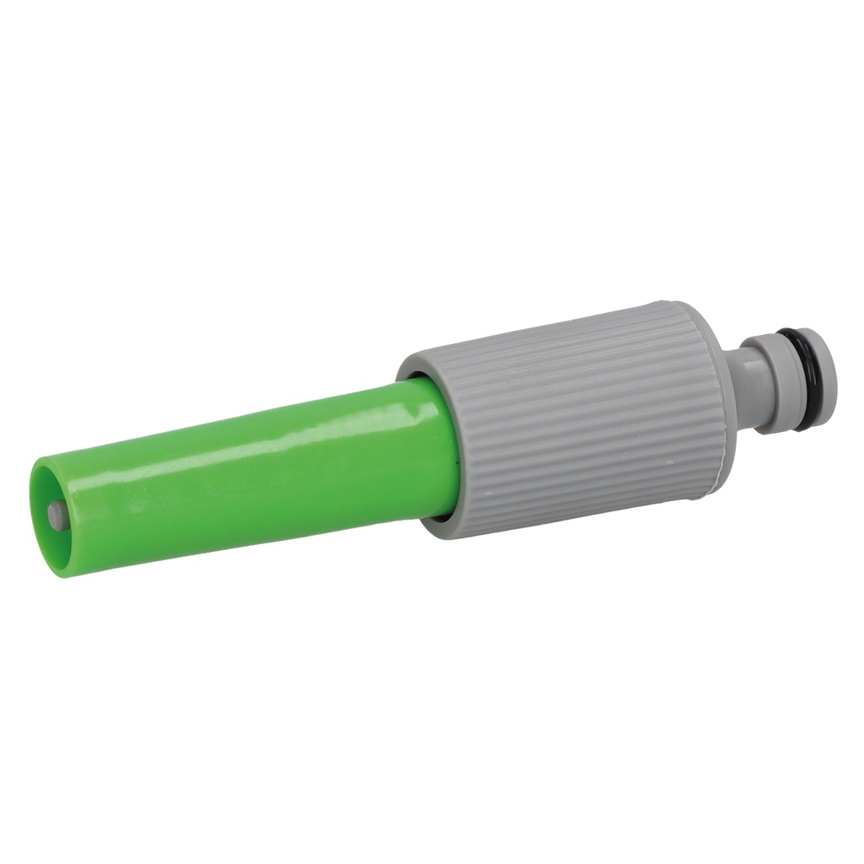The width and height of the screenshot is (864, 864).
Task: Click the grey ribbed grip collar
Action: (574, 413)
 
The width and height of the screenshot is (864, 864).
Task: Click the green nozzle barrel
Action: (253, 481)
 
